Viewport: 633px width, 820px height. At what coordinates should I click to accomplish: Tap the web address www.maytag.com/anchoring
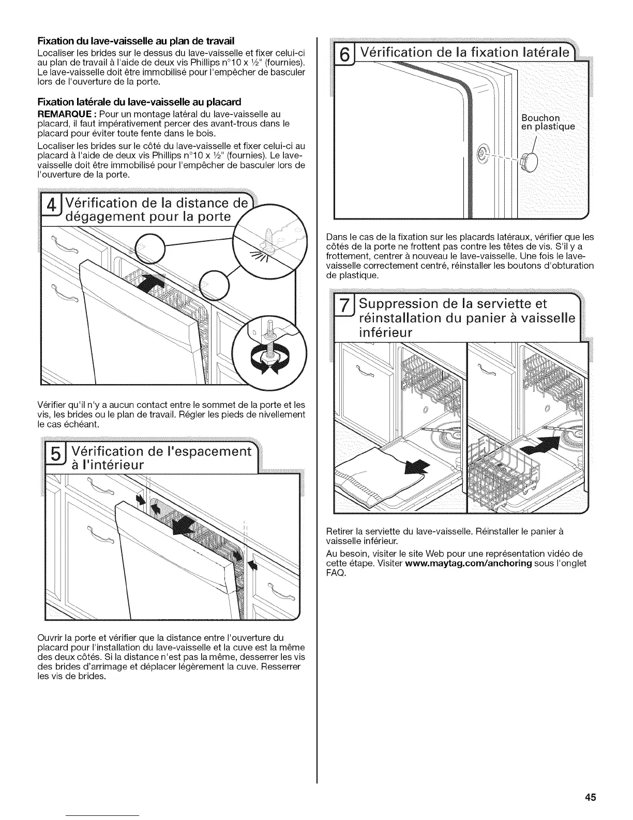469,563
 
